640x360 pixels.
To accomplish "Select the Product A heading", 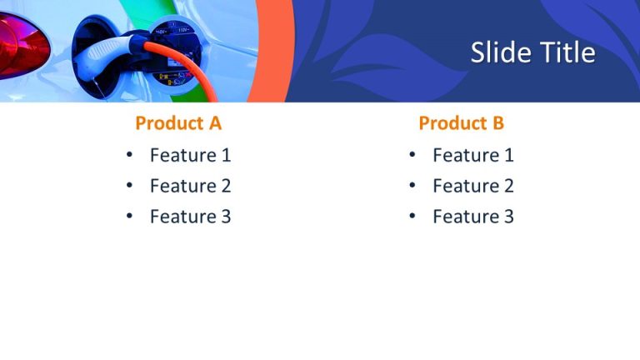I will tap(178, 123).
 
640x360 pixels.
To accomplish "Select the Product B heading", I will tap(461, 123).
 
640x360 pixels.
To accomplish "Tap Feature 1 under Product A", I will tap(190, 155).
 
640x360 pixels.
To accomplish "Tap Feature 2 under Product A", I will tap(190, 186).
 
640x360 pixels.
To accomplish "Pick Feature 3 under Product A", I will tap(190, 217).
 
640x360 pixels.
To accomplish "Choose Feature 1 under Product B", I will tap(472, 155).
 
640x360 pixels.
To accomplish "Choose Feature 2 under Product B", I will tap(472, 186).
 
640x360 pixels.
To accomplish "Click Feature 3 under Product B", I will tap(472, 217).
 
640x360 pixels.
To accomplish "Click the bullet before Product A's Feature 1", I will tap(129, 155).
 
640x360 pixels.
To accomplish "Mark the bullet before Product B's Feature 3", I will tap(412, 217).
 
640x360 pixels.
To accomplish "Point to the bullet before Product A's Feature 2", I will tap(129, 186).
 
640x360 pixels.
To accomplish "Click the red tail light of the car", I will tap(21, 46).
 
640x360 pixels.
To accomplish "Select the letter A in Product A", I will tap(214, 123).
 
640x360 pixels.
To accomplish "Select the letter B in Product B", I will tap(497, 123).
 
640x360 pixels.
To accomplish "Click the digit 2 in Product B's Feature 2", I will tap(507, 186).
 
